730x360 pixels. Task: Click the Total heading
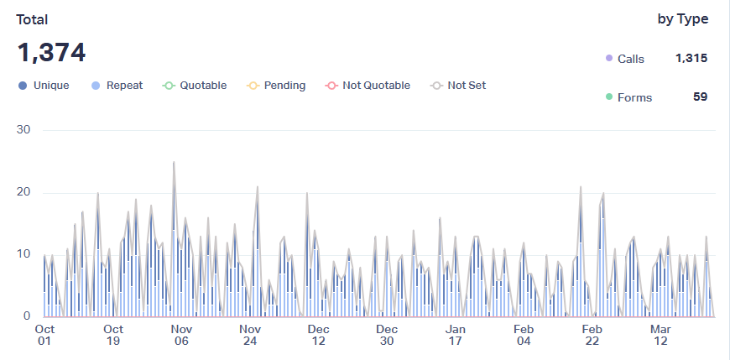32,19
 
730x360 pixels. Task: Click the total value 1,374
51,53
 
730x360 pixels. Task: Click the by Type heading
682,19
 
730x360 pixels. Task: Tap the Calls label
630,59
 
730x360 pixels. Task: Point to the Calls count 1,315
691,59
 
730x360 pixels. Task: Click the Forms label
634,97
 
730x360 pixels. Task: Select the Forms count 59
700,97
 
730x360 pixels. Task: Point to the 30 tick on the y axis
23,130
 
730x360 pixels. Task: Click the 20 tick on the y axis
23,192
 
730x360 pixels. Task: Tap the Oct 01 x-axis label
45,335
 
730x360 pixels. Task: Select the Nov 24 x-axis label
250,335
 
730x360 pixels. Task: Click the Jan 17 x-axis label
456,335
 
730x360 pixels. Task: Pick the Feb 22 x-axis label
592,335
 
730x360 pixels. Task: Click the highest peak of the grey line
174,162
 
